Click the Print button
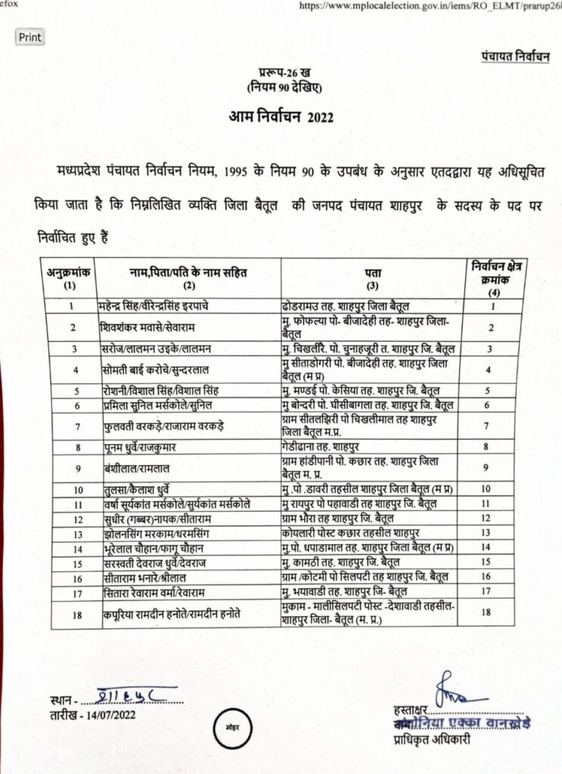point(29,36)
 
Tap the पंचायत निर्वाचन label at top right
point(514,57)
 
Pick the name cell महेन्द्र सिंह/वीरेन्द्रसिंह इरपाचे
point(165,307)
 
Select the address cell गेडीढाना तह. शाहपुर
point(319,447)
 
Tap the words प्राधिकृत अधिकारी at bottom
point(427,740)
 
